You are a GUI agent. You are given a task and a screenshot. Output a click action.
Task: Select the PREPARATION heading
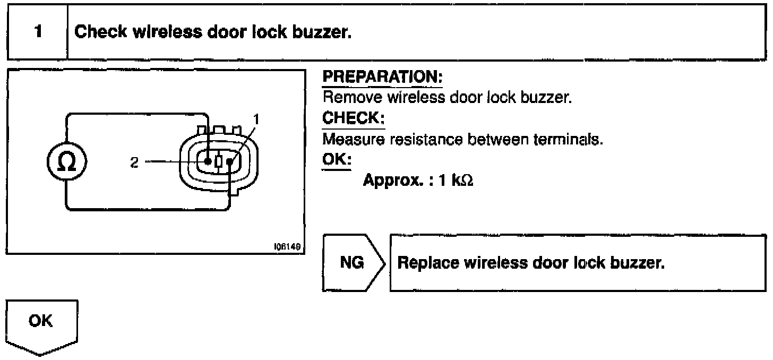[x=382, y=78]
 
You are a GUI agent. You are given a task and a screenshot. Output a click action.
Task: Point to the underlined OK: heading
[x=337, y=159]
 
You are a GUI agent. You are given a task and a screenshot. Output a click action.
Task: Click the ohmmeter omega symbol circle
[x=66, y=161]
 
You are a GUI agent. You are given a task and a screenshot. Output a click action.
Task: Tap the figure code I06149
[x=287, y=247]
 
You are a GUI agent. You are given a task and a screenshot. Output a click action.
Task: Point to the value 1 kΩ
[x=456, y=181]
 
